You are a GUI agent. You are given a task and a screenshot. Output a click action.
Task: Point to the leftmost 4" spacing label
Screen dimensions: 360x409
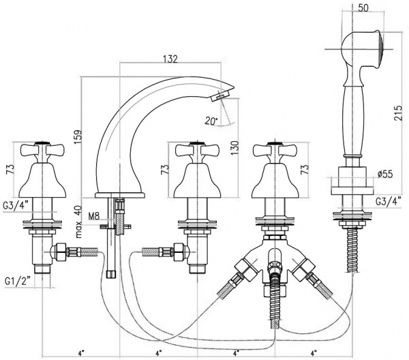point(80,352)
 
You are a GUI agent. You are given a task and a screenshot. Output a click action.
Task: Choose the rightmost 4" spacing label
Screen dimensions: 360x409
point(314,352)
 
